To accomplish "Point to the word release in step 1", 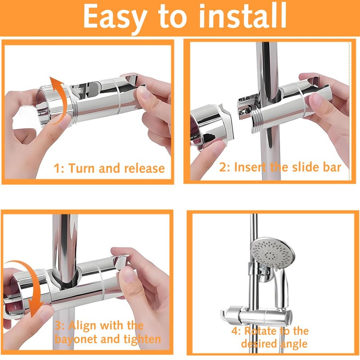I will pyautogui.click(x=141, y=169).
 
